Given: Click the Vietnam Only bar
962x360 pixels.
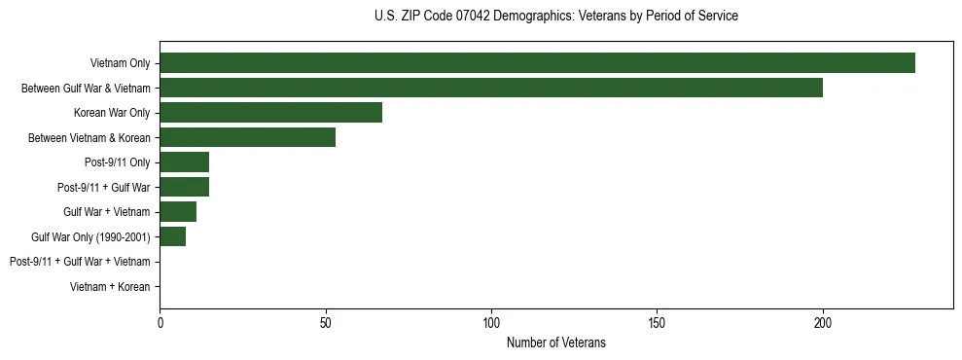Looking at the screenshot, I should coord(537,63).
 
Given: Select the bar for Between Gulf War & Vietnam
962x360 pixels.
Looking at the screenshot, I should coord(491,88).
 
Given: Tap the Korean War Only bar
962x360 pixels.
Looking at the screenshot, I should coord(270,113).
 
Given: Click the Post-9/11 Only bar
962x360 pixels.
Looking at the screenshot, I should coord(184,162).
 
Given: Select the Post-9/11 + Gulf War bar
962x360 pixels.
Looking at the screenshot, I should coord(184,187).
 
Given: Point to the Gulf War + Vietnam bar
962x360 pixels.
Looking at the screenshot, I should coord(178,212).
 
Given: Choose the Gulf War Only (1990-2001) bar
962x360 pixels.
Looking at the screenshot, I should coord(172,236).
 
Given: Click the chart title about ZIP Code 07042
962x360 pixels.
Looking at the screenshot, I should coord(555,17).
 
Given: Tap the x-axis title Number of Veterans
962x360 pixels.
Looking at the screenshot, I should coord(555,342).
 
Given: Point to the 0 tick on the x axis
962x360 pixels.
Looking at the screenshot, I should coord(160,322).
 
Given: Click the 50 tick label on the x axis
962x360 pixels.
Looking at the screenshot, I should coord(326,322).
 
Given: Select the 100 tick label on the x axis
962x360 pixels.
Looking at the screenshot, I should coord(491,322).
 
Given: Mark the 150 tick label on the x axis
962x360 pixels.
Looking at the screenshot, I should coord(657,322).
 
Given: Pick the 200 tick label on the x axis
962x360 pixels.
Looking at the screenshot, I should coord(823,322).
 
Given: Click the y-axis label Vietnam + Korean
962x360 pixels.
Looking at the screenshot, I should coord(110,287).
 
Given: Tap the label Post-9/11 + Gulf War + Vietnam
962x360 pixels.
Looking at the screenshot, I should coord(80,262).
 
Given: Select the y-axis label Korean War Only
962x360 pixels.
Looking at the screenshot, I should coord(112,113).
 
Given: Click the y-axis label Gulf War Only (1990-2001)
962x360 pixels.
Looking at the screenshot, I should coord(90,236).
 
